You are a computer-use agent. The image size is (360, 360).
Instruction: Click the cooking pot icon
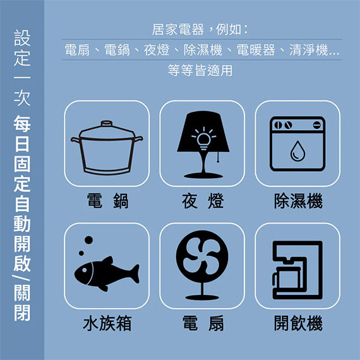pos(107,147)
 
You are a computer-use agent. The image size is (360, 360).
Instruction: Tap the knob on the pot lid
pos(107,124)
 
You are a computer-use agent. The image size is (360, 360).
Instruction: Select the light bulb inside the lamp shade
pos(203,140)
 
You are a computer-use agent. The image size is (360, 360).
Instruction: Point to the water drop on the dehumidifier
pos(297,151)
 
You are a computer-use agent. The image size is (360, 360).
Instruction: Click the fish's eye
pos(84,270)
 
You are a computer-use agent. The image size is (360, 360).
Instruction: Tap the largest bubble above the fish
pos(88,240)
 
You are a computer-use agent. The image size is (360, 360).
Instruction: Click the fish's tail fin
pos(134,273)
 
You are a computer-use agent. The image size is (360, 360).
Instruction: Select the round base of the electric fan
pos(202,297)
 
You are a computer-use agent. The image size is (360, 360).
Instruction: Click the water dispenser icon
pos(297,270)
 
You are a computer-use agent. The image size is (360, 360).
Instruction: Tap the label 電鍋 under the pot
pos(107,201)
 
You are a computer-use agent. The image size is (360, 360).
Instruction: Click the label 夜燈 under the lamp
pos(203,201)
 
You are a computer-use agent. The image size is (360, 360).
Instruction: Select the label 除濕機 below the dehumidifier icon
pos(298,201)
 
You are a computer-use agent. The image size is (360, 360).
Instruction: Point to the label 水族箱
pos(107,323)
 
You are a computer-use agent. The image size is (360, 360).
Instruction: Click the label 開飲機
pos(298,323)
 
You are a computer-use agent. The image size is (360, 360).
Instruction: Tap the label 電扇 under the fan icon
pos(203,323)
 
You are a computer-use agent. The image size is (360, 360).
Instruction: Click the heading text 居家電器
pos(177,30)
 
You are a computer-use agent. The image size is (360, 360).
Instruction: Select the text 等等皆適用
pos(200,70)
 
